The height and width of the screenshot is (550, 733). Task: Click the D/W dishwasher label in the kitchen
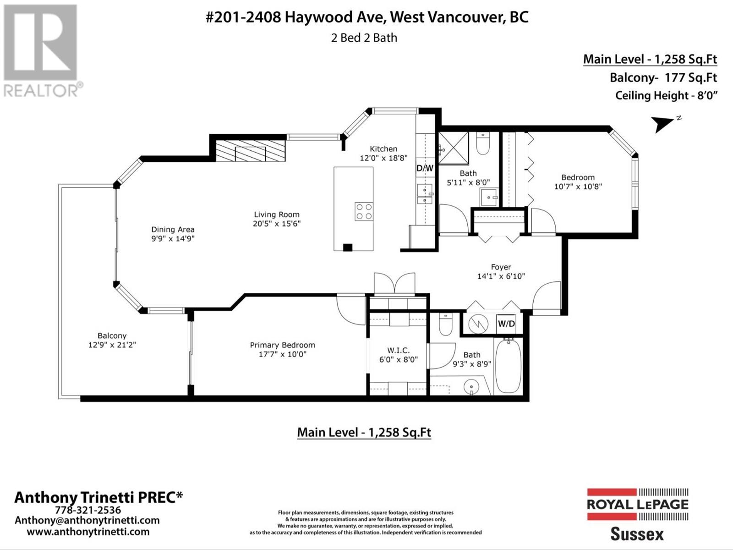[x=425, y=168]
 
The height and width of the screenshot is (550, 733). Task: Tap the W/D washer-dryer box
[x=506, y=324]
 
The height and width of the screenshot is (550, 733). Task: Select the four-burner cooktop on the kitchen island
[x=364, y=211]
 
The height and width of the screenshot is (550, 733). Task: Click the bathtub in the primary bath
[x=508, y=366]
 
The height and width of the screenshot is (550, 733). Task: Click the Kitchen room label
[x=383, y=149]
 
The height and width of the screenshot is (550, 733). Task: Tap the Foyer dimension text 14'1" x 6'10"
[x=501, y=276]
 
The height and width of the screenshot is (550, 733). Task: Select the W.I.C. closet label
[x=399, y=350]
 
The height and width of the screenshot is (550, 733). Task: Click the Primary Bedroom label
[x=283, y=345]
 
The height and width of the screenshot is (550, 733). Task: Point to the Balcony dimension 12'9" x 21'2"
[x=112, y=345]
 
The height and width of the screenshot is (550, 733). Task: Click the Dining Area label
[x=173, y=230]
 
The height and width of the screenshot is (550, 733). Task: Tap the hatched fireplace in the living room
[x=251, y=151]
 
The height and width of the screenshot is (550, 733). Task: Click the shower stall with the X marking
[x=454, y=148]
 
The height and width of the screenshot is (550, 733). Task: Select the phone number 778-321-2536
[x=88, y=510]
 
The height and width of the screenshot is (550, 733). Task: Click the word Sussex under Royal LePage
[x=637, y=534]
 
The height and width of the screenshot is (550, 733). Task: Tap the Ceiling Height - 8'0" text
[x=666, y=95]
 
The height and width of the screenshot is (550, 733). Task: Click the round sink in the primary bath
[x=471, y=387]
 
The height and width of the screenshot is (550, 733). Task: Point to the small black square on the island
[x=348, y=247]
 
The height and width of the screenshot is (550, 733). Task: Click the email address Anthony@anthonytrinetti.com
[x=87, y=520]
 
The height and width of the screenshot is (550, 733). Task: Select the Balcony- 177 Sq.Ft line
[x=663, y=78]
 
